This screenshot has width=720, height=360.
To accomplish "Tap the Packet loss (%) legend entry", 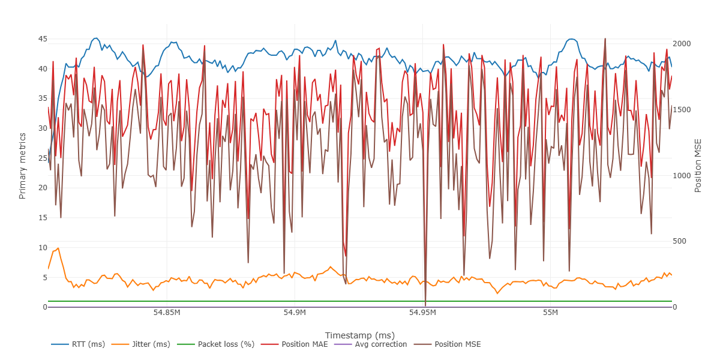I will pyautogui.click(x=226, y=344).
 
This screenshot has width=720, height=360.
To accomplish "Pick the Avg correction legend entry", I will pyautogui.click(x=381, y=344).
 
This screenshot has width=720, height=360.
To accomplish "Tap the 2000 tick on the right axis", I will pyautogui.click(x=682, y=44).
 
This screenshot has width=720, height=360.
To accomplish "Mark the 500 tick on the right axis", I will pyautogui.click(x=680, y=241).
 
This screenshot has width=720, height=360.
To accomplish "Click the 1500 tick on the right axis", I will pyautogui.click(x=682, y=110).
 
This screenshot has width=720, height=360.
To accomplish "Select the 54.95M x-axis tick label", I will pyautogui.click(x=422, y=313).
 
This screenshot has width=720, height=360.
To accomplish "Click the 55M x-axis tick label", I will pyautogui.click(x=550, y=313).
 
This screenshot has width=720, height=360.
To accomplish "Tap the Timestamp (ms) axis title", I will pyautogui.click(x=359, y=335).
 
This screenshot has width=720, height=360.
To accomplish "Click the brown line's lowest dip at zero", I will pyautogui.click(x=425, y=305).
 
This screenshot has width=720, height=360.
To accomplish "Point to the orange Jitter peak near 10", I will pyautogui.click(x=58, y=248).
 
